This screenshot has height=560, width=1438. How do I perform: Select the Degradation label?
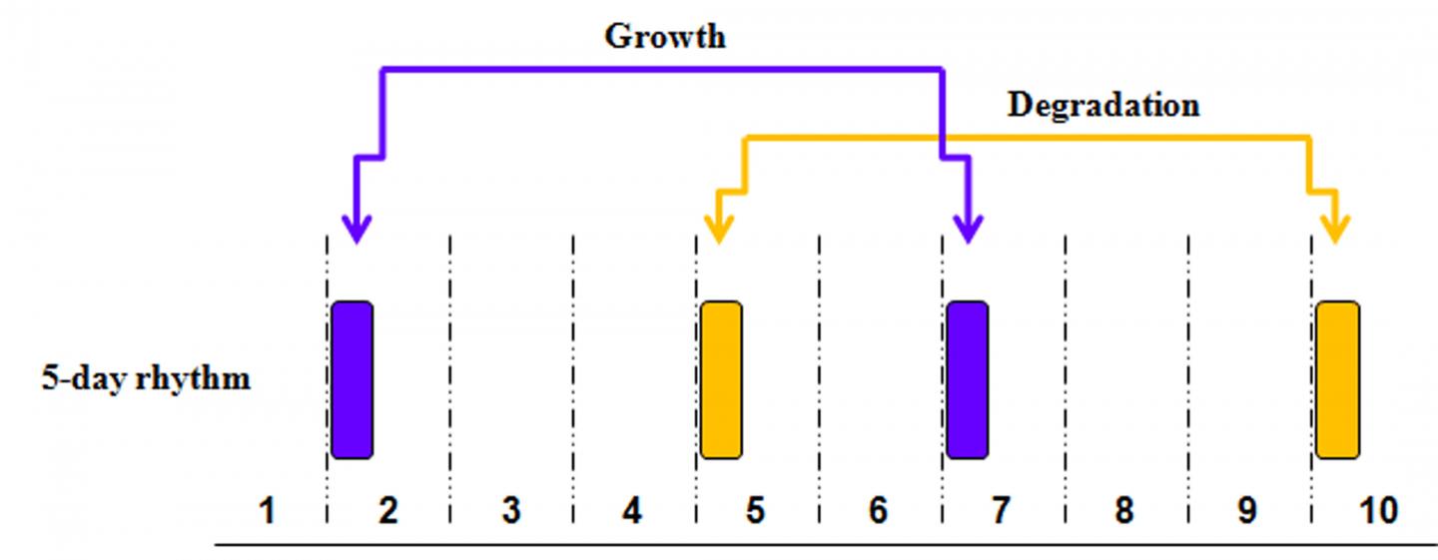(1102, 105)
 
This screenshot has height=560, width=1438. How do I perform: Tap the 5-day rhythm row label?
(146, 380)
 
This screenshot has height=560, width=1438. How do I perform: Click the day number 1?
(266, 511)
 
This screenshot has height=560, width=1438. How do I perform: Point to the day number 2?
(388, 511)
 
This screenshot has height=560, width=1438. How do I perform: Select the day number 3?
(511, 511)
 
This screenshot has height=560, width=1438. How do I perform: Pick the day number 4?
(632, 511)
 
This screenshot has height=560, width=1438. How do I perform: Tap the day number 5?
(755, 511)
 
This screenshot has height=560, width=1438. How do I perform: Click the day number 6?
(878, 511)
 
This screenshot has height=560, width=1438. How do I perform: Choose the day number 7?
(1001, 511)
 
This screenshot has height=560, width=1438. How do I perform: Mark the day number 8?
(1123, 511)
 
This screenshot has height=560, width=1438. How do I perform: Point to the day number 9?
(1246, 511)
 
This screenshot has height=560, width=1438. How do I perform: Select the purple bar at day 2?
(352, 379)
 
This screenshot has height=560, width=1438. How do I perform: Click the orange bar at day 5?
(721, 379)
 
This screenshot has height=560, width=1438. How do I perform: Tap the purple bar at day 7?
(967, 379)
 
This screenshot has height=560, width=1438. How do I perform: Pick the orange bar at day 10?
(1337, 379)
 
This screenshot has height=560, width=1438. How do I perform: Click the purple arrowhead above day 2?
(356, 229)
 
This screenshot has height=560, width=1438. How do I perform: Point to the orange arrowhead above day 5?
(718, 229)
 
